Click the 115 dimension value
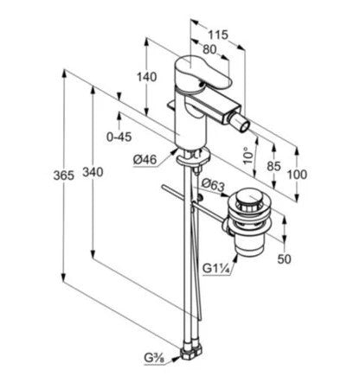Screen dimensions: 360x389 point(218,35)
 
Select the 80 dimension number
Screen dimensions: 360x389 point(209,49)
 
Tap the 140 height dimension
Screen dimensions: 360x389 point(147,77)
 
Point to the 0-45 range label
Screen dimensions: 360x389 point(119,137)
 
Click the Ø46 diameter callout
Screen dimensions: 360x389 point(145,159)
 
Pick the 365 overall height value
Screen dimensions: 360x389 point(64,175)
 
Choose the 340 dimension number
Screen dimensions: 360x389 point(93,172)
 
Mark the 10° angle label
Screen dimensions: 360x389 point(247,156)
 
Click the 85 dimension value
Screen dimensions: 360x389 point(273,166)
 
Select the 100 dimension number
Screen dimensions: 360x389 point(297,175)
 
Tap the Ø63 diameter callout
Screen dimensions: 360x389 point(213,185)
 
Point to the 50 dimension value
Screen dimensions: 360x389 point(285,259)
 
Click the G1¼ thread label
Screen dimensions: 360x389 point(216,269)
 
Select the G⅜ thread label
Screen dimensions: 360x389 point(154,358)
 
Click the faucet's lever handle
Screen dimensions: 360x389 point(203,73)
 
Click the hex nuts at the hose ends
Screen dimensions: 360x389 point(191,352)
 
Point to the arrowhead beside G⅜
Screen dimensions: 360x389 point(177,358)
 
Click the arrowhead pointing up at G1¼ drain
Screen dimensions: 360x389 point(236,258)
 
